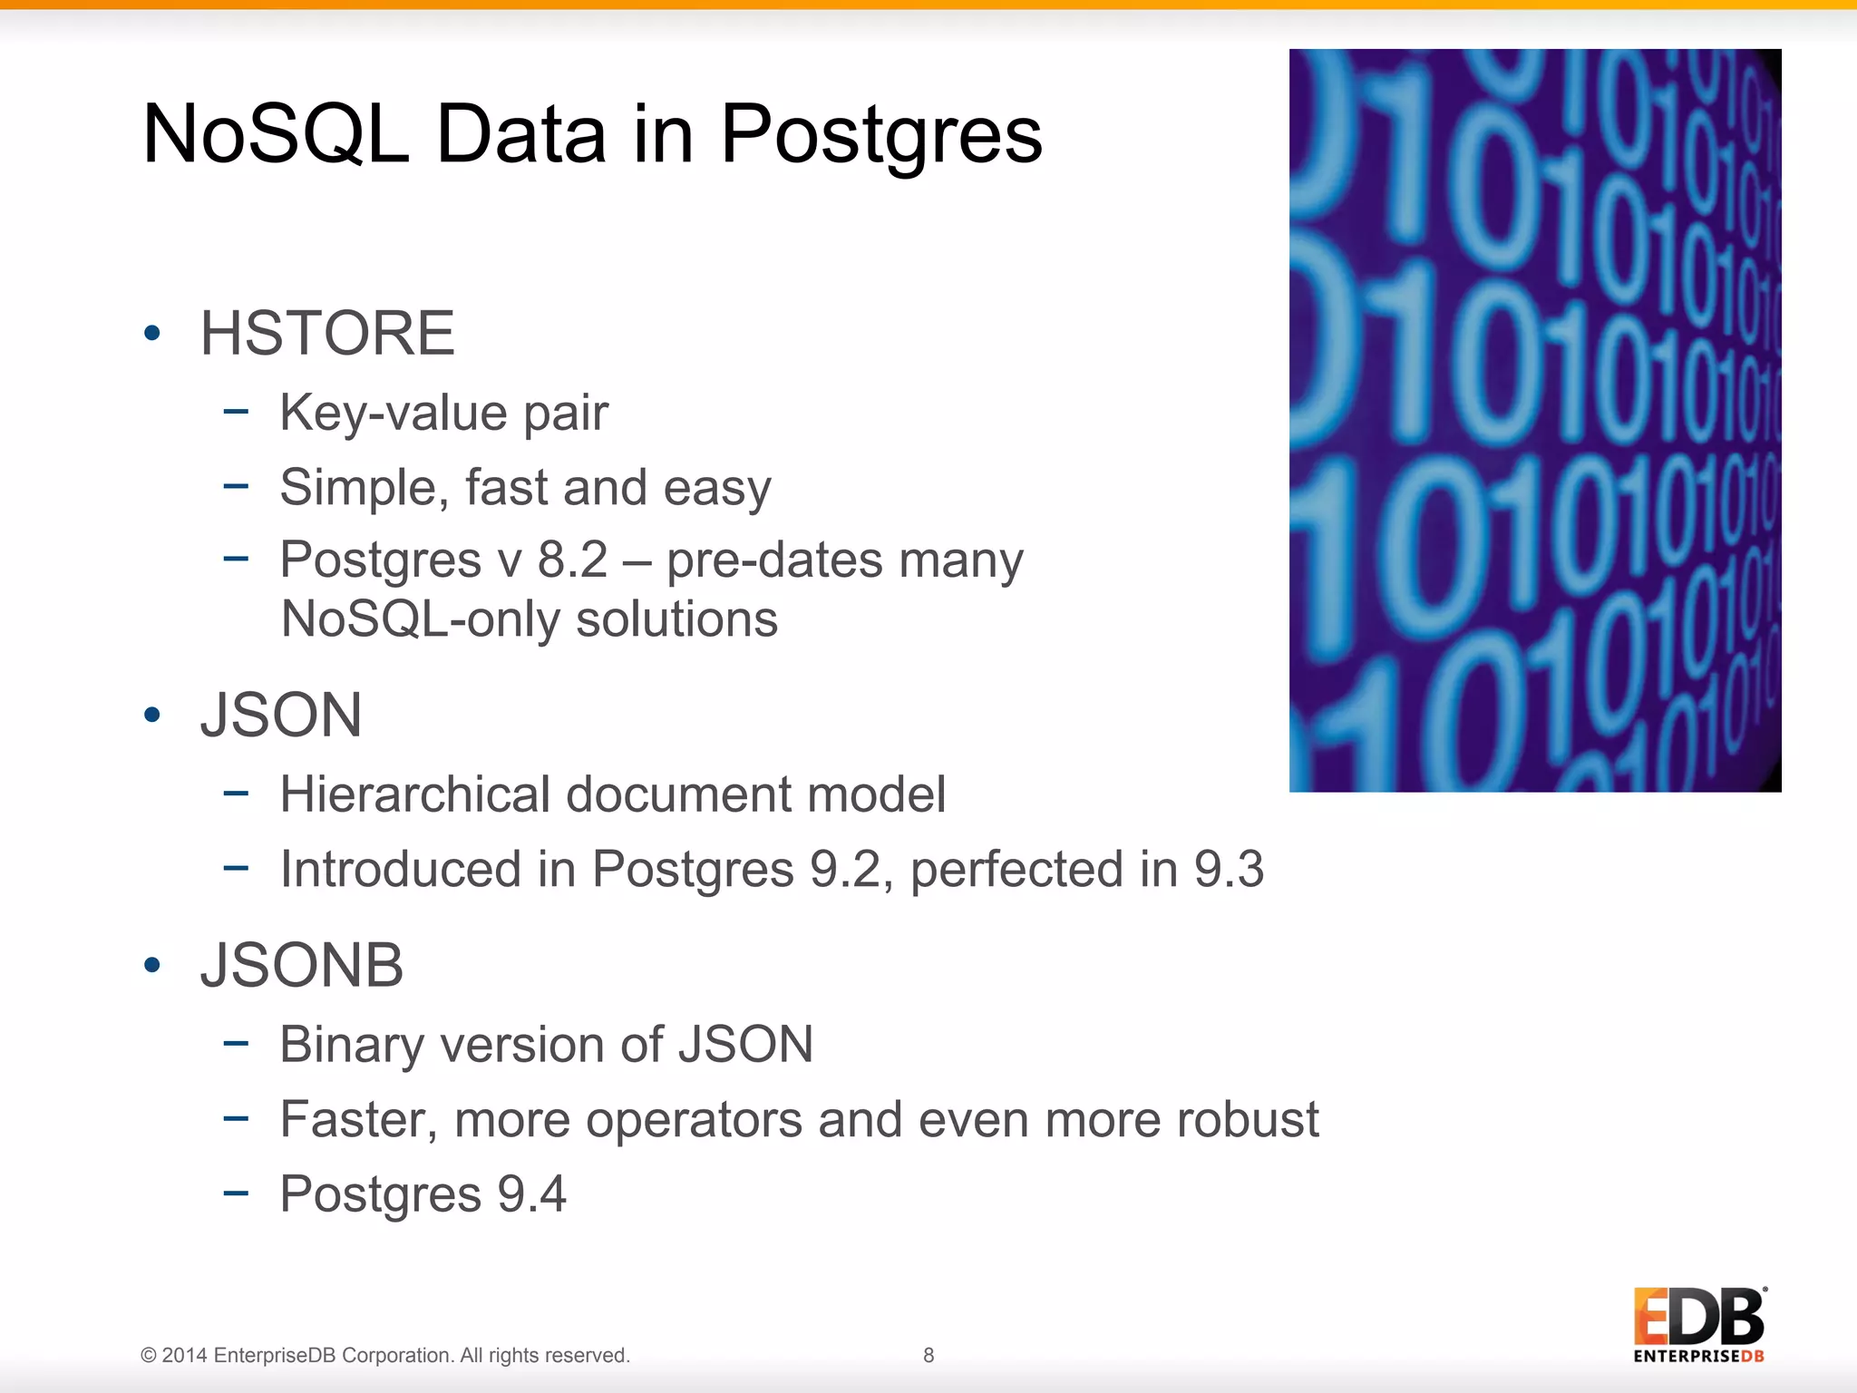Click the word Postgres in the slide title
880,136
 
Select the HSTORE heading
326,333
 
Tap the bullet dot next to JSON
152,715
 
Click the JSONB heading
301,965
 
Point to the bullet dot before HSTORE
152,333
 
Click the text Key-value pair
443,413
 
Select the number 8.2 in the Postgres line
572,560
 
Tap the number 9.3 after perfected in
1228,869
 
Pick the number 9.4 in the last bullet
531,1193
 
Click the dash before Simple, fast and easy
236,485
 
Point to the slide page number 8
928,1355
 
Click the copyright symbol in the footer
149,1356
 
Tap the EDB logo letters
1698,1317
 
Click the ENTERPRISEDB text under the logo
1698,1357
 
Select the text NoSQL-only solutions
529,619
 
